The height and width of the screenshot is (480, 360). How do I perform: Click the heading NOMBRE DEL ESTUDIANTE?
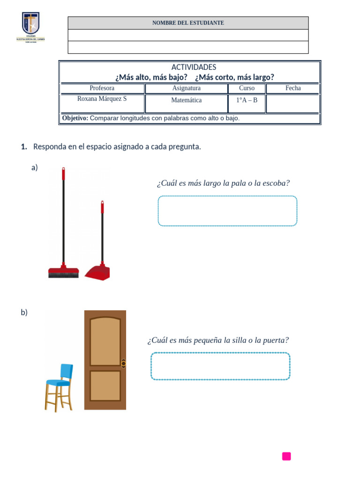[188, 23]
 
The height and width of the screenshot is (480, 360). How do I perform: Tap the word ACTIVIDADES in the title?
[194, 67]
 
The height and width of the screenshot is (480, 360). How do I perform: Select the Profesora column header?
[102, 88]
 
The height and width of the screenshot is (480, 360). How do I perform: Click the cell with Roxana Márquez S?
[102, 99]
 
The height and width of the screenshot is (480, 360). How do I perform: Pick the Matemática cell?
[186, 100]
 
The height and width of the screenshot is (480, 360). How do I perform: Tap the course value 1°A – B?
[247, 100]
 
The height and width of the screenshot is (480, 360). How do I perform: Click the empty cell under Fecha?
[293, 104]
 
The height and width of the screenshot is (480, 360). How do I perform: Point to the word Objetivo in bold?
[75, 118]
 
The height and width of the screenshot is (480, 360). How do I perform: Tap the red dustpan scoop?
[97, 273]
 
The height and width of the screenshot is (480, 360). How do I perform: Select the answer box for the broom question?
[227, 211]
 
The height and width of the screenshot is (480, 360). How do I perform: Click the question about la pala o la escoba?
[223, 183]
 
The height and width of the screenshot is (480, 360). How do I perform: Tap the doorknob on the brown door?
[123, 363]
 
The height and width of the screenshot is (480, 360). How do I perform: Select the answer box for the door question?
[220, 366]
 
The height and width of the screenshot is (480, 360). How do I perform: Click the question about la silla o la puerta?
[218, 340]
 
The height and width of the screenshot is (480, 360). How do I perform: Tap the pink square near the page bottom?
[286, 456]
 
